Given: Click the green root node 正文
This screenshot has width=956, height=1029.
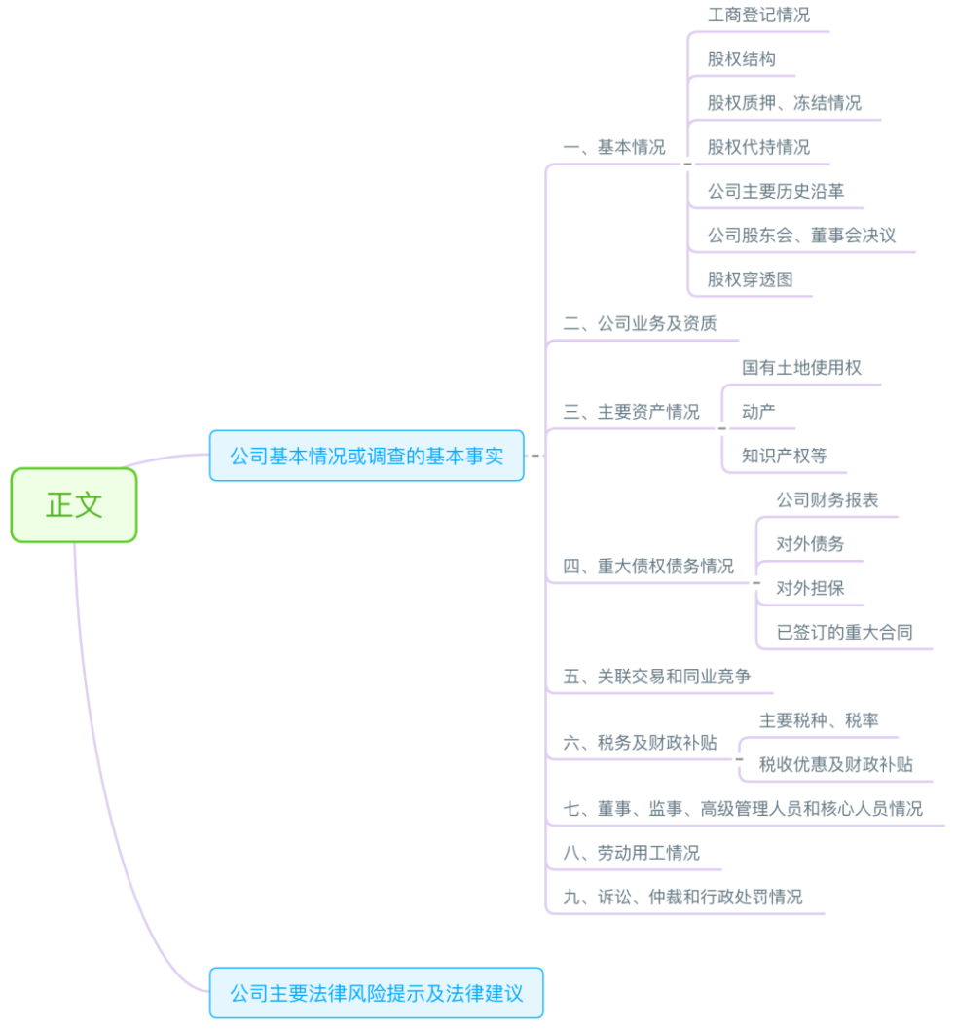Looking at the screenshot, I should [74, 504].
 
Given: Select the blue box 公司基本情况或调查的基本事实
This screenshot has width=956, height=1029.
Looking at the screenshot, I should [366, 456].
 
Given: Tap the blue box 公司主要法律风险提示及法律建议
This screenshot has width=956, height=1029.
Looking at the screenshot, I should [376, 993].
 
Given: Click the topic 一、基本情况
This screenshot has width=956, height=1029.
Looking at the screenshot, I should [613, 147].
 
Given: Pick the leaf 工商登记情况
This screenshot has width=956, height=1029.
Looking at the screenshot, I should [758, 16].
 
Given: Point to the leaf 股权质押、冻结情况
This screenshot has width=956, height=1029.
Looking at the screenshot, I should [784, 103].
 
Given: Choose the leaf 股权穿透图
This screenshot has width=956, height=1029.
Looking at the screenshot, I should [750, 279].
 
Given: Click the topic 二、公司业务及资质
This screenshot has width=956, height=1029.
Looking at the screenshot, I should [640, 323].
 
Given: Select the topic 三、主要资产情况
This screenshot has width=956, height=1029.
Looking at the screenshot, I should [631, 412].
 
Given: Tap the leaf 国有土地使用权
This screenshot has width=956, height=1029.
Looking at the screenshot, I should [801, 368].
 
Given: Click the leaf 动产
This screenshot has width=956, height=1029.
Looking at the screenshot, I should [758, 412].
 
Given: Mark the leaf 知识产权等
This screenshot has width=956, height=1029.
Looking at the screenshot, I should [784, 456].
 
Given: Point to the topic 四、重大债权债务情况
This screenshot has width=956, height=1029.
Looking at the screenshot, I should [648, 566].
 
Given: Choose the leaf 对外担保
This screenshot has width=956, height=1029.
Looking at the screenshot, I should [810, 588].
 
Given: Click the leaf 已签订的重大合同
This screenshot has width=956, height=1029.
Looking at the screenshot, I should [844, 632].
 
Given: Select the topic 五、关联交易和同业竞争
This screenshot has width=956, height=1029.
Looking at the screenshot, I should [656, 676].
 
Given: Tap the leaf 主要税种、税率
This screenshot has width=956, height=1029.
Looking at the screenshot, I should [819, 720].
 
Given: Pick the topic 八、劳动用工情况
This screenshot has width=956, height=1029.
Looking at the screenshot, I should [631, 853].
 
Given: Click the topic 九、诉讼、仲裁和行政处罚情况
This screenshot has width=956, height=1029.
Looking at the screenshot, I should [682, 897].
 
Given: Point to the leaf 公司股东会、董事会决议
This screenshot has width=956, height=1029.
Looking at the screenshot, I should [801, 236].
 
